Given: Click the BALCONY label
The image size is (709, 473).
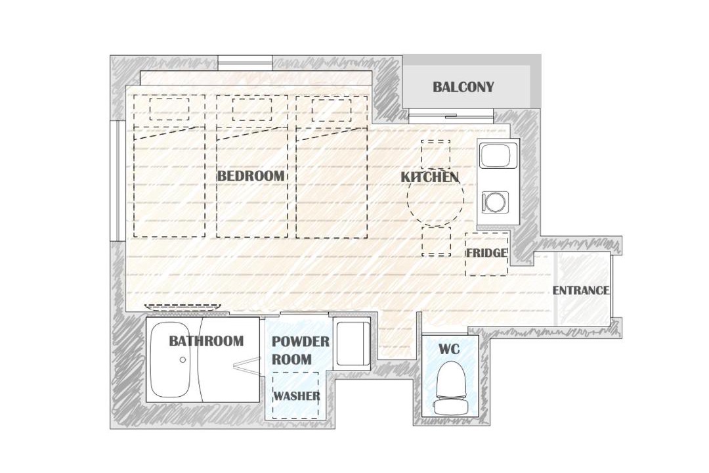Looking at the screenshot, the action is (x=463, y=87).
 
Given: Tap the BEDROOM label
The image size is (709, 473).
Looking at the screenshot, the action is (x=251, y=175).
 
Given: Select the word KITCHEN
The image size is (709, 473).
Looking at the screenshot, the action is (x=429, y=177).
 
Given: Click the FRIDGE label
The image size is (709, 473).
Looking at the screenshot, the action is (x=486, y=252).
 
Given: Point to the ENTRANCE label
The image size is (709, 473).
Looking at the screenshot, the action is (x=581, y=290).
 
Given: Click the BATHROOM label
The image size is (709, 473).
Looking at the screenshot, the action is (x=206, y=340).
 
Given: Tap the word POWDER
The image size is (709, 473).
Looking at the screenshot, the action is (x=300, y=342).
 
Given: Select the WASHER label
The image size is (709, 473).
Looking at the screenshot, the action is (x=297, y=396).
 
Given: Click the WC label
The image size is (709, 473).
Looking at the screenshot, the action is (x=449, y=349).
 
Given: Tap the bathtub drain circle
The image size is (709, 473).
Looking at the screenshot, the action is (x=183, y=360).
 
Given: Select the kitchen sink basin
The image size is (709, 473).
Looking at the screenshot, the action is (x=498, y=156).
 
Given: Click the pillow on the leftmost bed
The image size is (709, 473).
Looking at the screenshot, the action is (x=169, y=108).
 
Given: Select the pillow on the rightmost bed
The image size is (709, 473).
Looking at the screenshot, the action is (x=332, y=110).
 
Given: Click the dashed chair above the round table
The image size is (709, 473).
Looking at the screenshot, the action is (x=435, y=154).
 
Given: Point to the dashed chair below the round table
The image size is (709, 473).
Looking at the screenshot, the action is (x=437, y=241).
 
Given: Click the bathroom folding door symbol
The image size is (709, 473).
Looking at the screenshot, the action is (x=246, y=365).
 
